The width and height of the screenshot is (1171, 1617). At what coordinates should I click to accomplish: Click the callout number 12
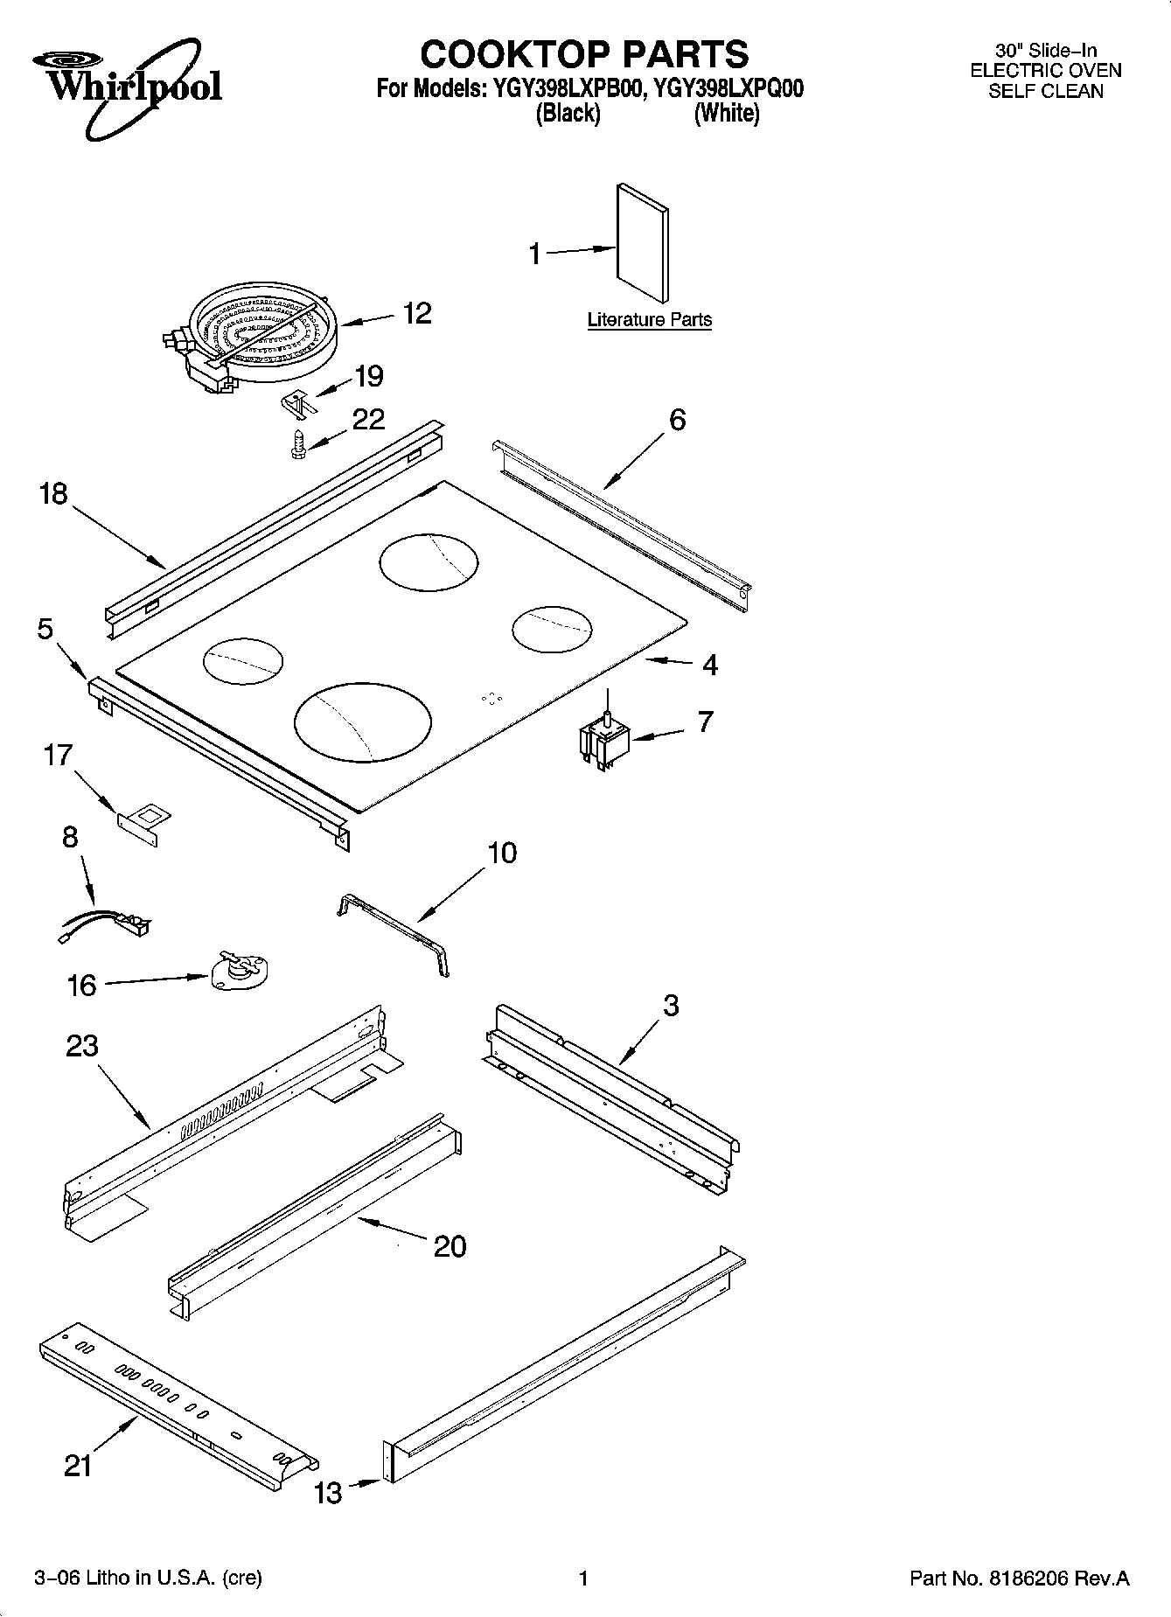click(x=417, y=313)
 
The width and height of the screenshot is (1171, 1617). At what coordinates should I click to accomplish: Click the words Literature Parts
click(x=649, y=320)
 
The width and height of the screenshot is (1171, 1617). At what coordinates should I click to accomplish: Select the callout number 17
click(x=58, y=755)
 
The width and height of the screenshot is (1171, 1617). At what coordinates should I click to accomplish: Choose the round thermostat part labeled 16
click(x=241, y=972)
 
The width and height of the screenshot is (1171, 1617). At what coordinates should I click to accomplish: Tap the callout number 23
click(x=82, y=1045)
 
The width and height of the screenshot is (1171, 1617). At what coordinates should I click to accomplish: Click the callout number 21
click(x=78, y=1465)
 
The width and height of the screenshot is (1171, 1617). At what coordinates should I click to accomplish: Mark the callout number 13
click(x=329, y=1493)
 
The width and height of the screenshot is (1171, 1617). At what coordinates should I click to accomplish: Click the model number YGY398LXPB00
click(x=563, y=89)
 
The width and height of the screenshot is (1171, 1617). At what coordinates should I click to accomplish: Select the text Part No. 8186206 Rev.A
click(x=1019, y=1578)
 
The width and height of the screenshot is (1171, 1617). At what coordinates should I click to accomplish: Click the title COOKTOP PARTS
click(x=584, y=54)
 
